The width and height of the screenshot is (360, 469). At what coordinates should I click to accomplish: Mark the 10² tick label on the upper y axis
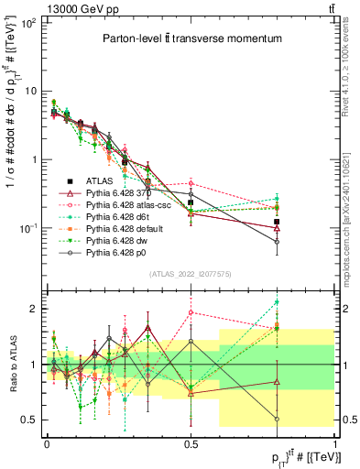[30, 23]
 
